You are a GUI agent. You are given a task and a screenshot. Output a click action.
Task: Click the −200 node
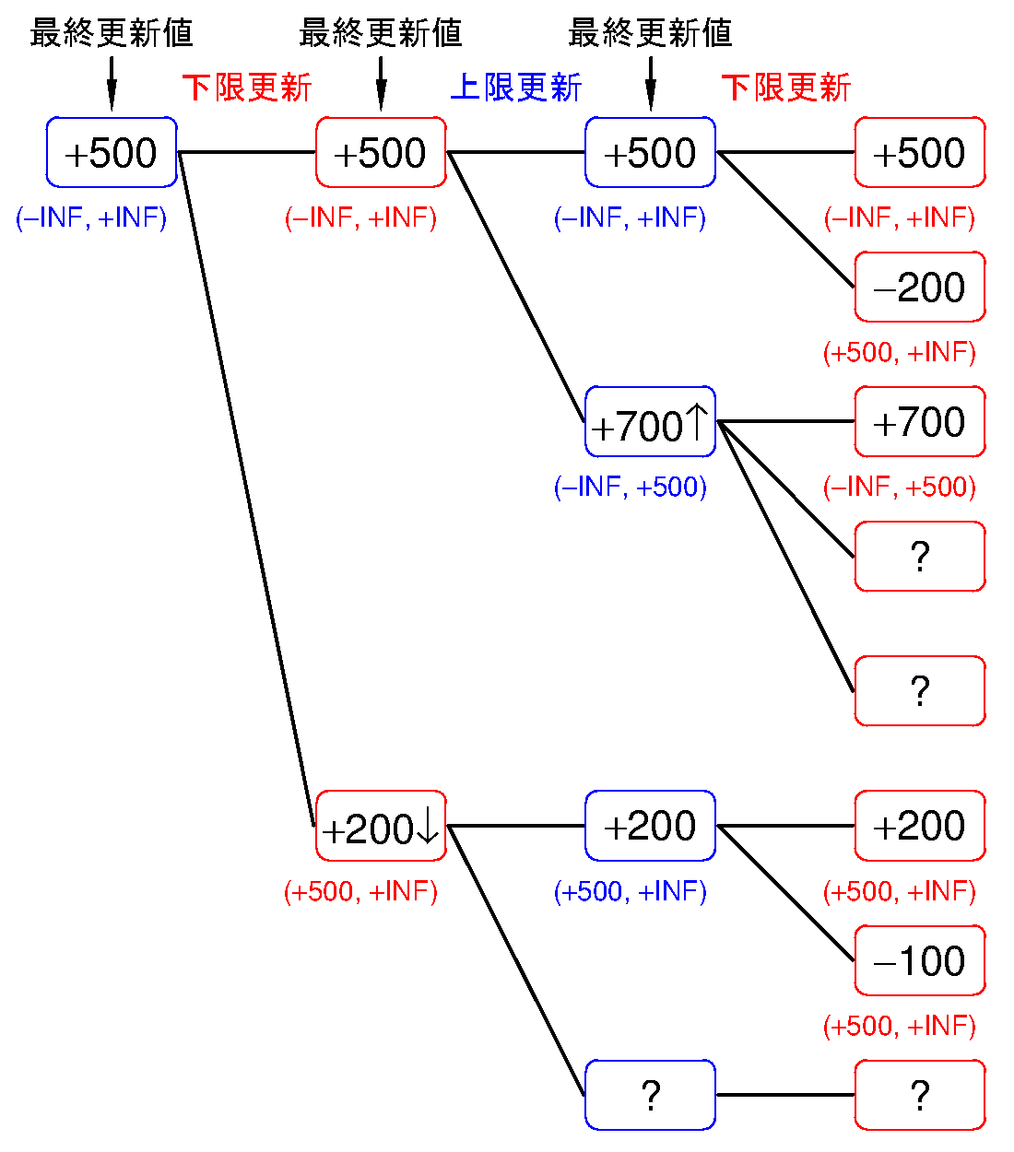click(919, 288)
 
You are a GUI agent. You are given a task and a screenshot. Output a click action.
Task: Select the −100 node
click(919, 961)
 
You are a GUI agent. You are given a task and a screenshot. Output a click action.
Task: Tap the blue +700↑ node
click(650, 422)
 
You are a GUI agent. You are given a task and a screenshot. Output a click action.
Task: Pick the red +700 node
click(919, 422)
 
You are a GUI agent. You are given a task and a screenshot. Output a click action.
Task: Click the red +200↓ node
click(381, 827)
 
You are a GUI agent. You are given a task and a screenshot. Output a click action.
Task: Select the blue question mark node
click(650, 1095)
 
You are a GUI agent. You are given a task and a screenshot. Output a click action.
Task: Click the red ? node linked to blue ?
click(919, 1095)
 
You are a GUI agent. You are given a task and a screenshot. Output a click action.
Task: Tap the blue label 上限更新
click(516, 88)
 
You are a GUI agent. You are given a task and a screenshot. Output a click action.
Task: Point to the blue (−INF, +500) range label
click(631, 487)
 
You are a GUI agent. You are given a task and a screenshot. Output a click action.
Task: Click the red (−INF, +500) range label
click(900, 487)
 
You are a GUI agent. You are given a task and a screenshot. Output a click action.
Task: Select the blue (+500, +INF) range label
click(631, 891)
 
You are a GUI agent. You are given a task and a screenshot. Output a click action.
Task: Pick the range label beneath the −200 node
click(900, 352)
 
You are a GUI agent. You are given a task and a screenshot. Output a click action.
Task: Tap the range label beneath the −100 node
click(900, 1026)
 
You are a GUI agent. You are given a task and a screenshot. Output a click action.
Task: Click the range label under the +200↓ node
click(361, 891)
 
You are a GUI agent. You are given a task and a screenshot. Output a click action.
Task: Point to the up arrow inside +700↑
click(697, 423)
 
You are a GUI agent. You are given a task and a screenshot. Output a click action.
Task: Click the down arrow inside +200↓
click(428, 828)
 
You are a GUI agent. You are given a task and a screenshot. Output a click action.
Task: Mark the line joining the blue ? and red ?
click(784, 1095)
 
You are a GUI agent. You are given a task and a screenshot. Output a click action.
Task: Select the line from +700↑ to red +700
click(784, 421)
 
